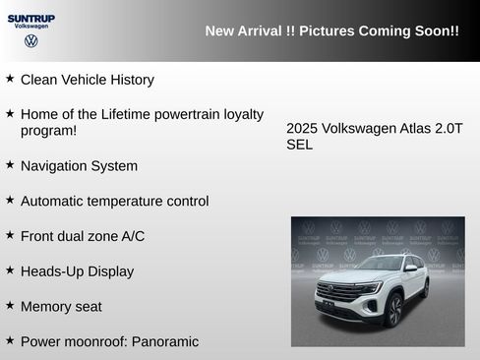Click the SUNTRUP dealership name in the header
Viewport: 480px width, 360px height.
click(x=30, y=18)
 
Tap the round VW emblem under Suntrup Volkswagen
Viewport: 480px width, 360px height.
click(x=30, y=41)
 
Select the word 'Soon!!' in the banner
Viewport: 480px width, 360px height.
click(x=438, y=31)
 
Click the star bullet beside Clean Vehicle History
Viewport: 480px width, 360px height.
click(x=10, y=77)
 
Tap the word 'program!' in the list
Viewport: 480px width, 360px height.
click(x=48, y=130)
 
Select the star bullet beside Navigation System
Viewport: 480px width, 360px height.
click(x=10, y=163)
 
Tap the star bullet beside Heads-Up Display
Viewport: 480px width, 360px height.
click(x=10, y=269)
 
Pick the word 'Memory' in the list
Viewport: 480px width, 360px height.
click(x=45, y=307)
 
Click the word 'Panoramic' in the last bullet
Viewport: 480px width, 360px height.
click(x=164, y=341)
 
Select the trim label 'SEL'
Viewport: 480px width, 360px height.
click(x=299, y=145)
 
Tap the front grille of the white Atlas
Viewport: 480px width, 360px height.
click(x=337, y=293)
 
